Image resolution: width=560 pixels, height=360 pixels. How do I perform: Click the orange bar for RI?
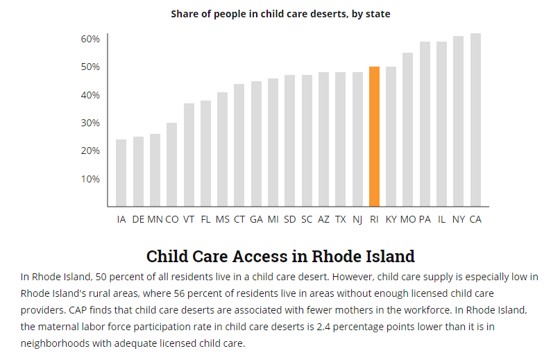point(374,137)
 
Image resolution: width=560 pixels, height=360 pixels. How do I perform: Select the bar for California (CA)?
point(475,120)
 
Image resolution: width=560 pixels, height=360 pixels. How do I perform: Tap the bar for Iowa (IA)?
point(121,173)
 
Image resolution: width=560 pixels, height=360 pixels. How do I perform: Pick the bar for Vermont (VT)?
point(189,155)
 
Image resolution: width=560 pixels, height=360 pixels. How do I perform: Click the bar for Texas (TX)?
point(341,139)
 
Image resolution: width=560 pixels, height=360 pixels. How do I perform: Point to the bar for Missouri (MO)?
point(408,130)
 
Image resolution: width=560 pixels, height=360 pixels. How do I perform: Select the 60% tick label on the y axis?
point(90,39)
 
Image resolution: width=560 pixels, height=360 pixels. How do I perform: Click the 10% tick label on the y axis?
point(90,179)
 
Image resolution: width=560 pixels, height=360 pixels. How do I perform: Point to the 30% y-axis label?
point(90,123)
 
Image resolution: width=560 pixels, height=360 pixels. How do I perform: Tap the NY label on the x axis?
point(459,219)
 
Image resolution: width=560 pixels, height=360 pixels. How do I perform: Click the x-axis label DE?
point(138,219)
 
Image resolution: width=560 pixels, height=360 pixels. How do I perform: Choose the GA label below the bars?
point(256,219)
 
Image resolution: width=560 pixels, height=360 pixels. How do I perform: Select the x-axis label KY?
point(391,219)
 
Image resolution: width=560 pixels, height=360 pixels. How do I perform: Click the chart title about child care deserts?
point(280,14)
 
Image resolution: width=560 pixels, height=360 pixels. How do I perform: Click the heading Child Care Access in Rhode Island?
point(280,256)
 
